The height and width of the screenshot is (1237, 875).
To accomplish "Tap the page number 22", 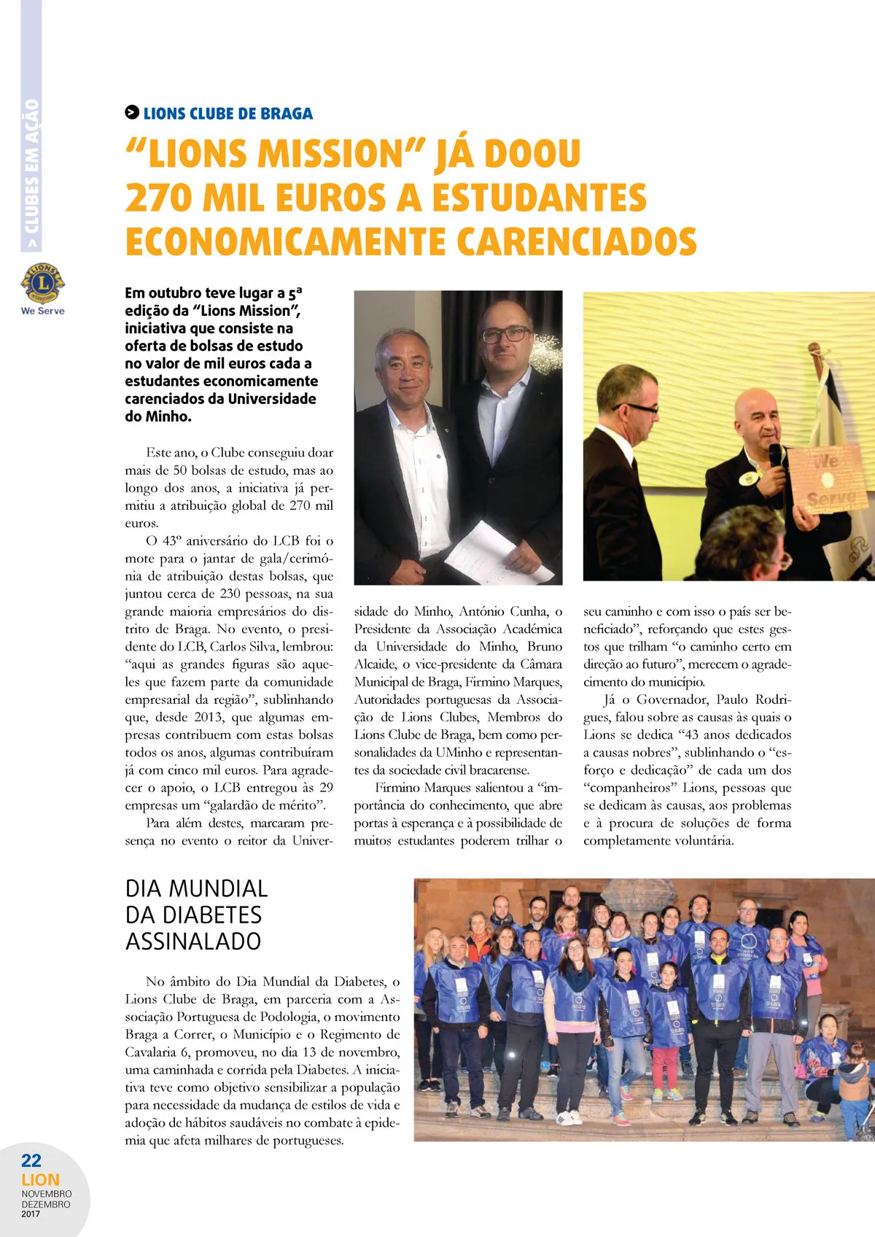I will click(31, 1160).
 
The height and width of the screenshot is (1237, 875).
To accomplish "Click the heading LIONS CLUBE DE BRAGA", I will click(227, 114).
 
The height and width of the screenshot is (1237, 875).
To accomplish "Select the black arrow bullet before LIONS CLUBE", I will click(132, 112).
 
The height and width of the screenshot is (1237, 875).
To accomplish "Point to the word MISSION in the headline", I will click(330, 154).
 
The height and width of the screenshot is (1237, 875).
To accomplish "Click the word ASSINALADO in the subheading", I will click(193, 941).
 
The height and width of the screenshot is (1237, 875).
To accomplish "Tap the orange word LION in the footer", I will click(40, 1179).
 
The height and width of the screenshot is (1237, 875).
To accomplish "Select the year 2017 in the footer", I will click(31, 1214).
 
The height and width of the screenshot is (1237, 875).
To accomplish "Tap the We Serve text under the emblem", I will click(42, 311).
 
